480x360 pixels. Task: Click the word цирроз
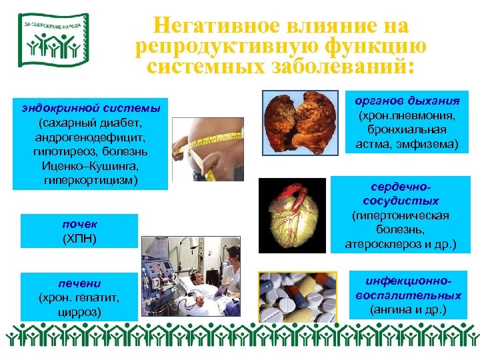[80, 310]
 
